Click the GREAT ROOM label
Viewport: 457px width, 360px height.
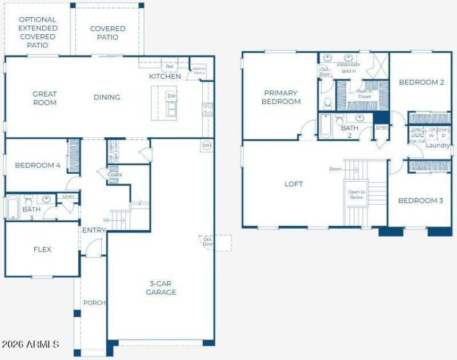45,98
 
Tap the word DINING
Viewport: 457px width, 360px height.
107,97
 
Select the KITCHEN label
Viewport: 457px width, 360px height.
165,77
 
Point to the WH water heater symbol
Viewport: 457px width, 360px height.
206,146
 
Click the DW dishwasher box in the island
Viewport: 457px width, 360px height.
171,96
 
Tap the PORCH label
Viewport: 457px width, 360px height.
94,302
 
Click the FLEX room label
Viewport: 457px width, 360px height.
42,249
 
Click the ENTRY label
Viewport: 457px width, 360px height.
94,230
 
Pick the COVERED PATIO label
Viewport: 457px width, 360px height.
107,33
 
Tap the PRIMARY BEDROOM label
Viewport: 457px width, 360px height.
281,97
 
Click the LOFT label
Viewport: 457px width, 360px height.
294,184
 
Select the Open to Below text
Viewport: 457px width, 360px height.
356,194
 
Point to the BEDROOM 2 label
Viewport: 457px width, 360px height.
422,82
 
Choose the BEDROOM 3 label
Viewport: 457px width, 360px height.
420,201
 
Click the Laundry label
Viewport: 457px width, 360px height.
437,146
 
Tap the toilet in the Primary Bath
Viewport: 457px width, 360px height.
328,103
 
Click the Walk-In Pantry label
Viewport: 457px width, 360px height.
199,70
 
